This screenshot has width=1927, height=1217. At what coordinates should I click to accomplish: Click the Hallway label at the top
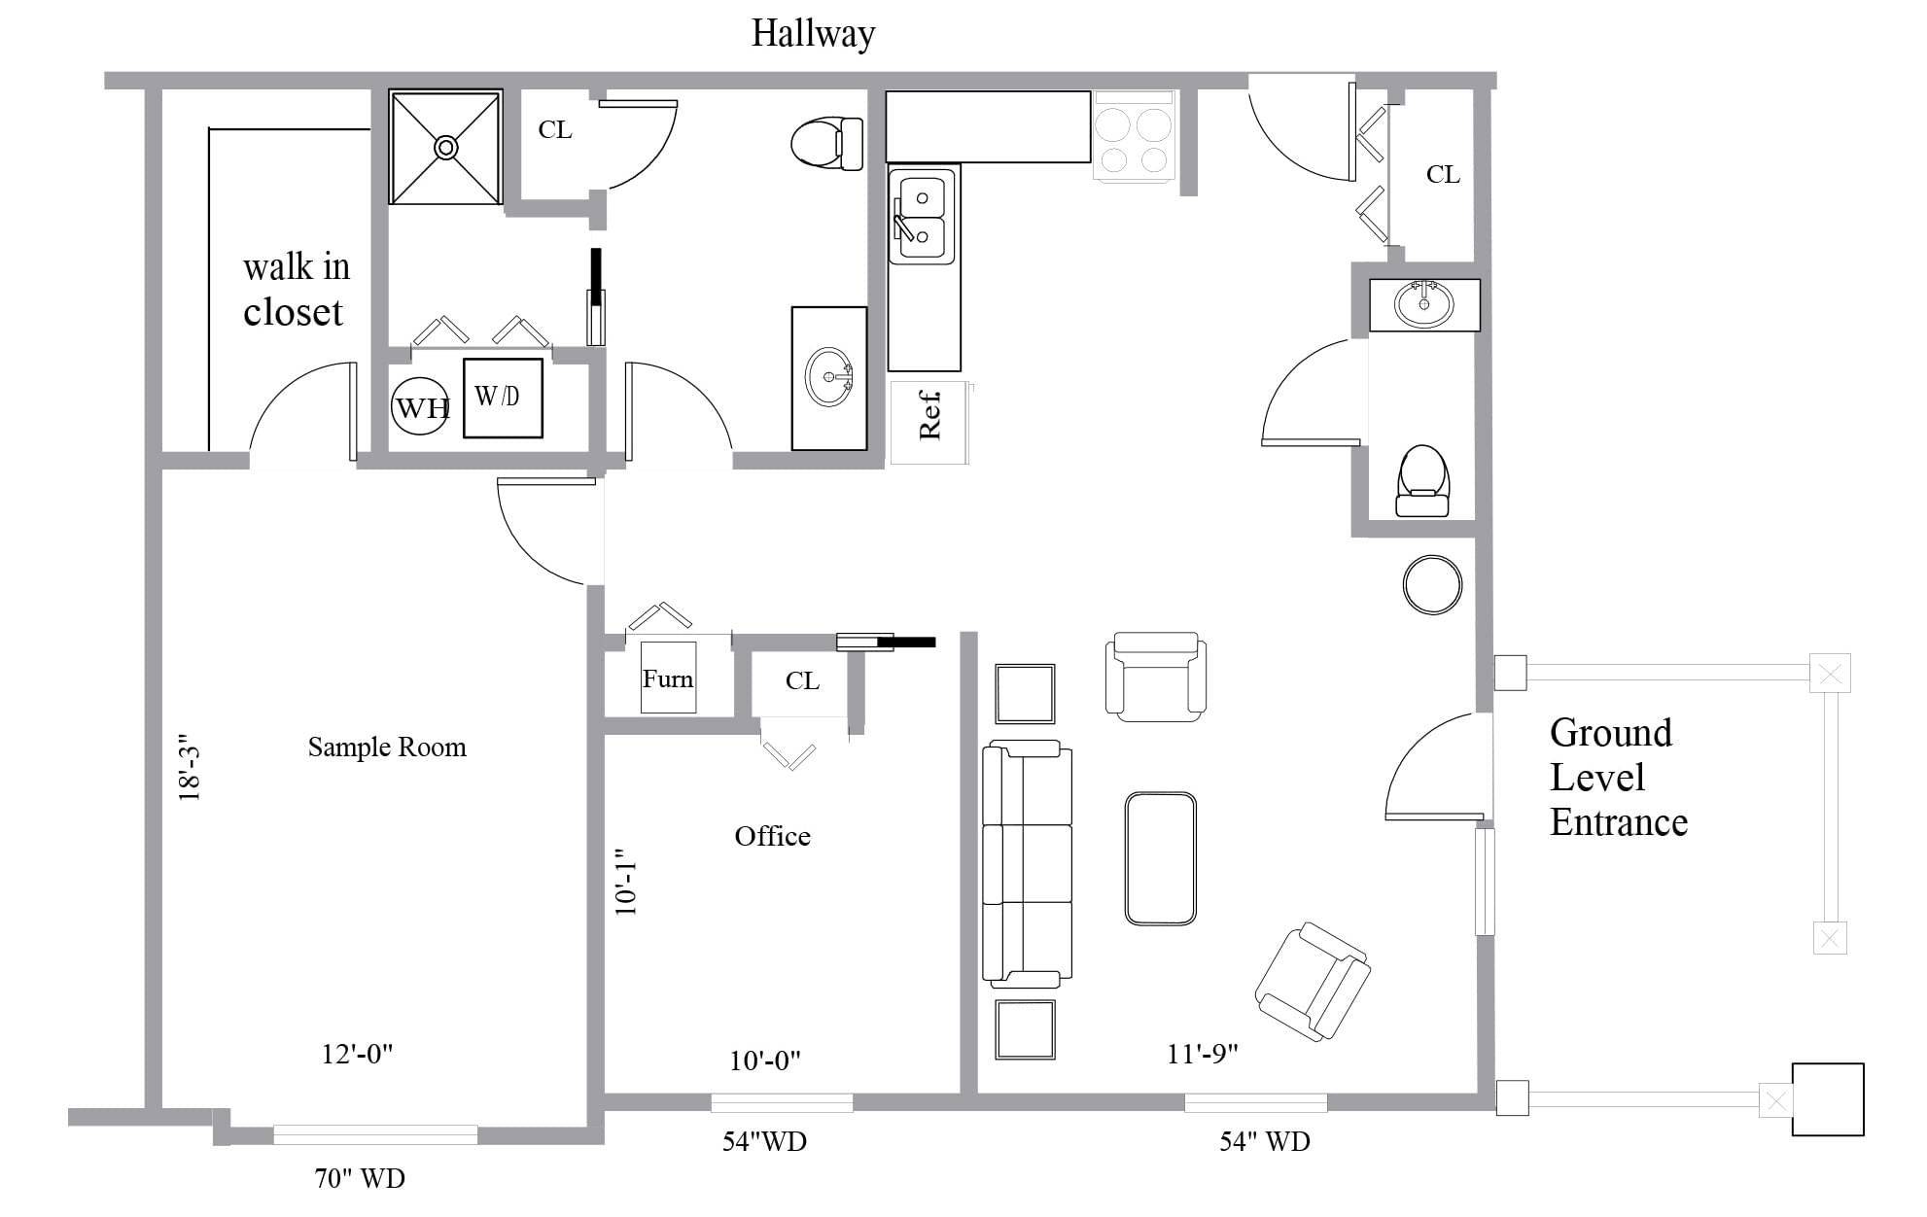point(813,34)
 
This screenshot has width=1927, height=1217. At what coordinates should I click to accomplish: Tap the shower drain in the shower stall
point(445,148)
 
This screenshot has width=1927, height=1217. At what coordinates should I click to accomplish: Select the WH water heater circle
point(420,406)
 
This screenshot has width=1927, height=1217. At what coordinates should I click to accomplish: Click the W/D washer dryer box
point(502,397)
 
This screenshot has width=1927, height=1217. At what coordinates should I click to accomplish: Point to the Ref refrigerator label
point(930,416)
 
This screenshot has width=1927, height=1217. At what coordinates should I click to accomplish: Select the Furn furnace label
point(668,678)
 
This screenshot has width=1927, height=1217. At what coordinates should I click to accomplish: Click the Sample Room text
point(387,748)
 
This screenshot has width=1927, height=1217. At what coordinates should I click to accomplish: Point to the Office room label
point(772,836)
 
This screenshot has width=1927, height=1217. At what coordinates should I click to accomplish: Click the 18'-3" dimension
point(190,767)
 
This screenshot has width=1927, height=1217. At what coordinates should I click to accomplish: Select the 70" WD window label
point(359,1178)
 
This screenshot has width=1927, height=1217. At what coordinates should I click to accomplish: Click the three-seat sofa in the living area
point(1028,863)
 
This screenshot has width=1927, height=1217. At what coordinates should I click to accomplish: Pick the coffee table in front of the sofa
point(1160,858)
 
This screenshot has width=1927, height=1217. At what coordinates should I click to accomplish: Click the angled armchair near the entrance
point(1313,982)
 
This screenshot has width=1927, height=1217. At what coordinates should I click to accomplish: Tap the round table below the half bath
point(1432,584)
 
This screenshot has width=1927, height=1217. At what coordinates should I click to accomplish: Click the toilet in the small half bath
point(1422,480)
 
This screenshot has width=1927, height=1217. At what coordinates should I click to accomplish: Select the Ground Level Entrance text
point(1617,778)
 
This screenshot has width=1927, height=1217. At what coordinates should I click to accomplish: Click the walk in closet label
point(296,289)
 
